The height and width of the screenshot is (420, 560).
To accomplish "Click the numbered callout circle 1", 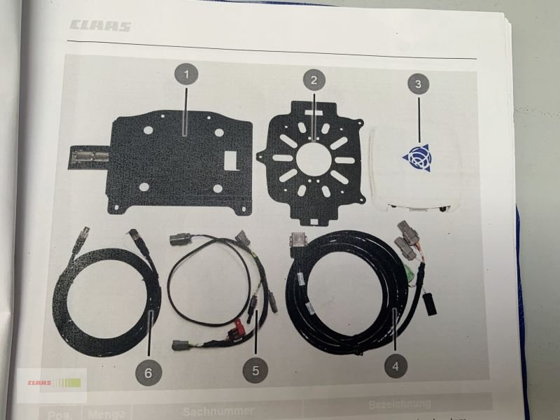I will point(185,73).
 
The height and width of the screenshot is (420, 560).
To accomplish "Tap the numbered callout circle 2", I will point(314,80).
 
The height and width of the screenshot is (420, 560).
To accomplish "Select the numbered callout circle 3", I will point(418,84).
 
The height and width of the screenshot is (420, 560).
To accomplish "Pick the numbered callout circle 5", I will point(255,370).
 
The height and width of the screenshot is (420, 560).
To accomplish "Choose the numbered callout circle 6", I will point(148,372).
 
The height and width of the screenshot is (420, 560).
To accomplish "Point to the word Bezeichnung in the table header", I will point(399,405).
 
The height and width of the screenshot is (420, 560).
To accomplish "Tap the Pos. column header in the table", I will point(59,414).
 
